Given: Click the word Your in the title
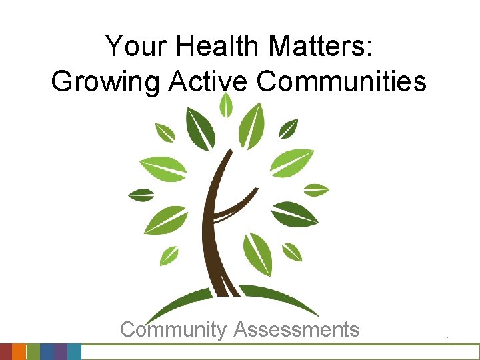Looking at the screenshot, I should coord(134,47).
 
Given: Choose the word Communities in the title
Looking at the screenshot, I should coord(341,81).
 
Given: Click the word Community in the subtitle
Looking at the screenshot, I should coord(173,329).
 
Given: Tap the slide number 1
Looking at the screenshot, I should coord(449,340).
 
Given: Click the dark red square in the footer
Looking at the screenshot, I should coord(6,352).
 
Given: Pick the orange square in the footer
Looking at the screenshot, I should coord(19,352).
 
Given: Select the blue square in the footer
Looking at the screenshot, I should coord(47,352).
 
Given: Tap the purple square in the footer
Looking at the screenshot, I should coord(60,352).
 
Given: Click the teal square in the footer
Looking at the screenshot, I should coord(74,352).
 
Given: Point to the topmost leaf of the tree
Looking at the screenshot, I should coord(227,105).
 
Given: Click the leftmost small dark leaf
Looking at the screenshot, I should coord(141,195).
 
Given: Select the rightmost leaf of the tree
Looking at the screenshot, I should coord(316,189).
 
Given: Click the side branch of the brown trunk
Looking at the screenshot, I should coord(237,204).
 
